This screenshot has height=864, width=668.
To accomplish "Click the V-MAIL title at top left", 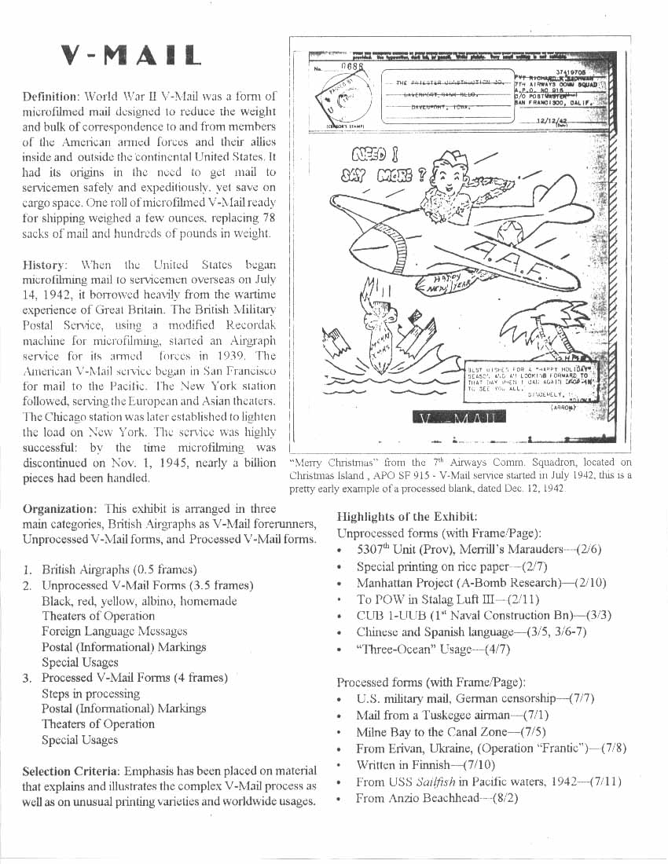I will pyautogui.click(x=132, y=54).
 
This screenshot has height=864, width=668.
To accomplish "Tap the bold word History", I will pyautogui.click(x=46, y=265).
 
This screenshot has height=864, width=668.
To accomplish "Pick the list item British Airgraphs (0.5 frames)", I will pyautogui.click(x=119, y=569).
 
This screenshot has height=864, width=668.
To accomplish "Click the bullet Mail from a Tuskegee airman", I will pyautogui.click(x=452, y=716).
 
